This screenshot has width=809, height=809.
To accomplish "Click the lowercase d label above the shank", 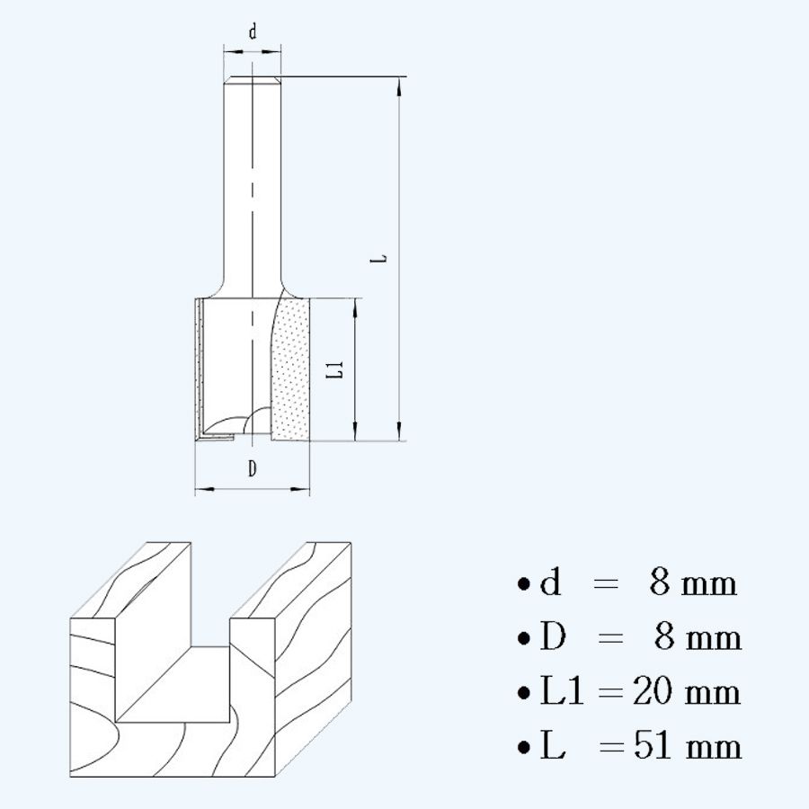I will click(x=253, y=32).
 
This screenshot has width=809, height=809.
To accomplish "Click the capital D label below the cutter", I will click(x=253, y=467).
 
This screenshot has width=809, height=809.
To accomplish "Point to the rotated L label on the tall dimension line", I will click(x=381, y=259).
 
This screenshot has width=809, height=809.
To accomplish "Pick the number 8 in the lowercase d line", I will click(x=660, y=584).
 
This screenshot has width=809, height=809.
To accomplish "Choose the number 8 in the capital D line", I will click(x=664, y=638).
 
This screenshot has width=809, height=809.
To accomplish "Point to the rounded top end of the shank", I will click(x=253, y=81).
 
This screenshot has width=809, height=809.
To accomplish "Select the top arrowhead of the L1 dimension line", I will click(x=357, y=306).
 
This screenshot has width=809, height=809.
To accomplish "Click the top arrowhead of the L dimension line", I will click(x=397, y=85).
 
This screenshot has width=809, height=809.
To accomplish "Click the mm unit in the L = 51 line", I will click(x=714, y=748).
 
